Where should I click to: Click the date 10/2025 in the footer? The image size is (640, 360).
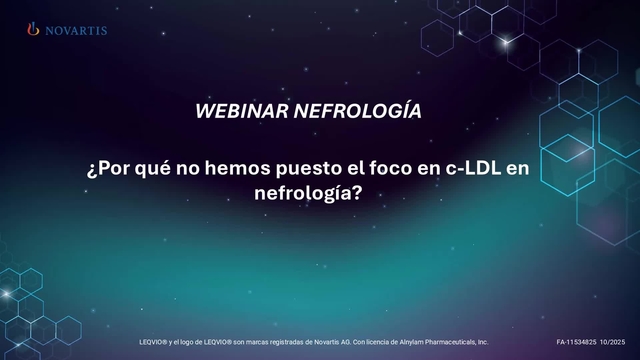(x=614, y=342)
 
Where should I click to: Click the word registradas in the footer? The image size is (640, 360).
(x=275, y=342)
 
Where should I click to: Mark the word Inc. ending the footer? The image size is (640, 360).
(x=482, y=342)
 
